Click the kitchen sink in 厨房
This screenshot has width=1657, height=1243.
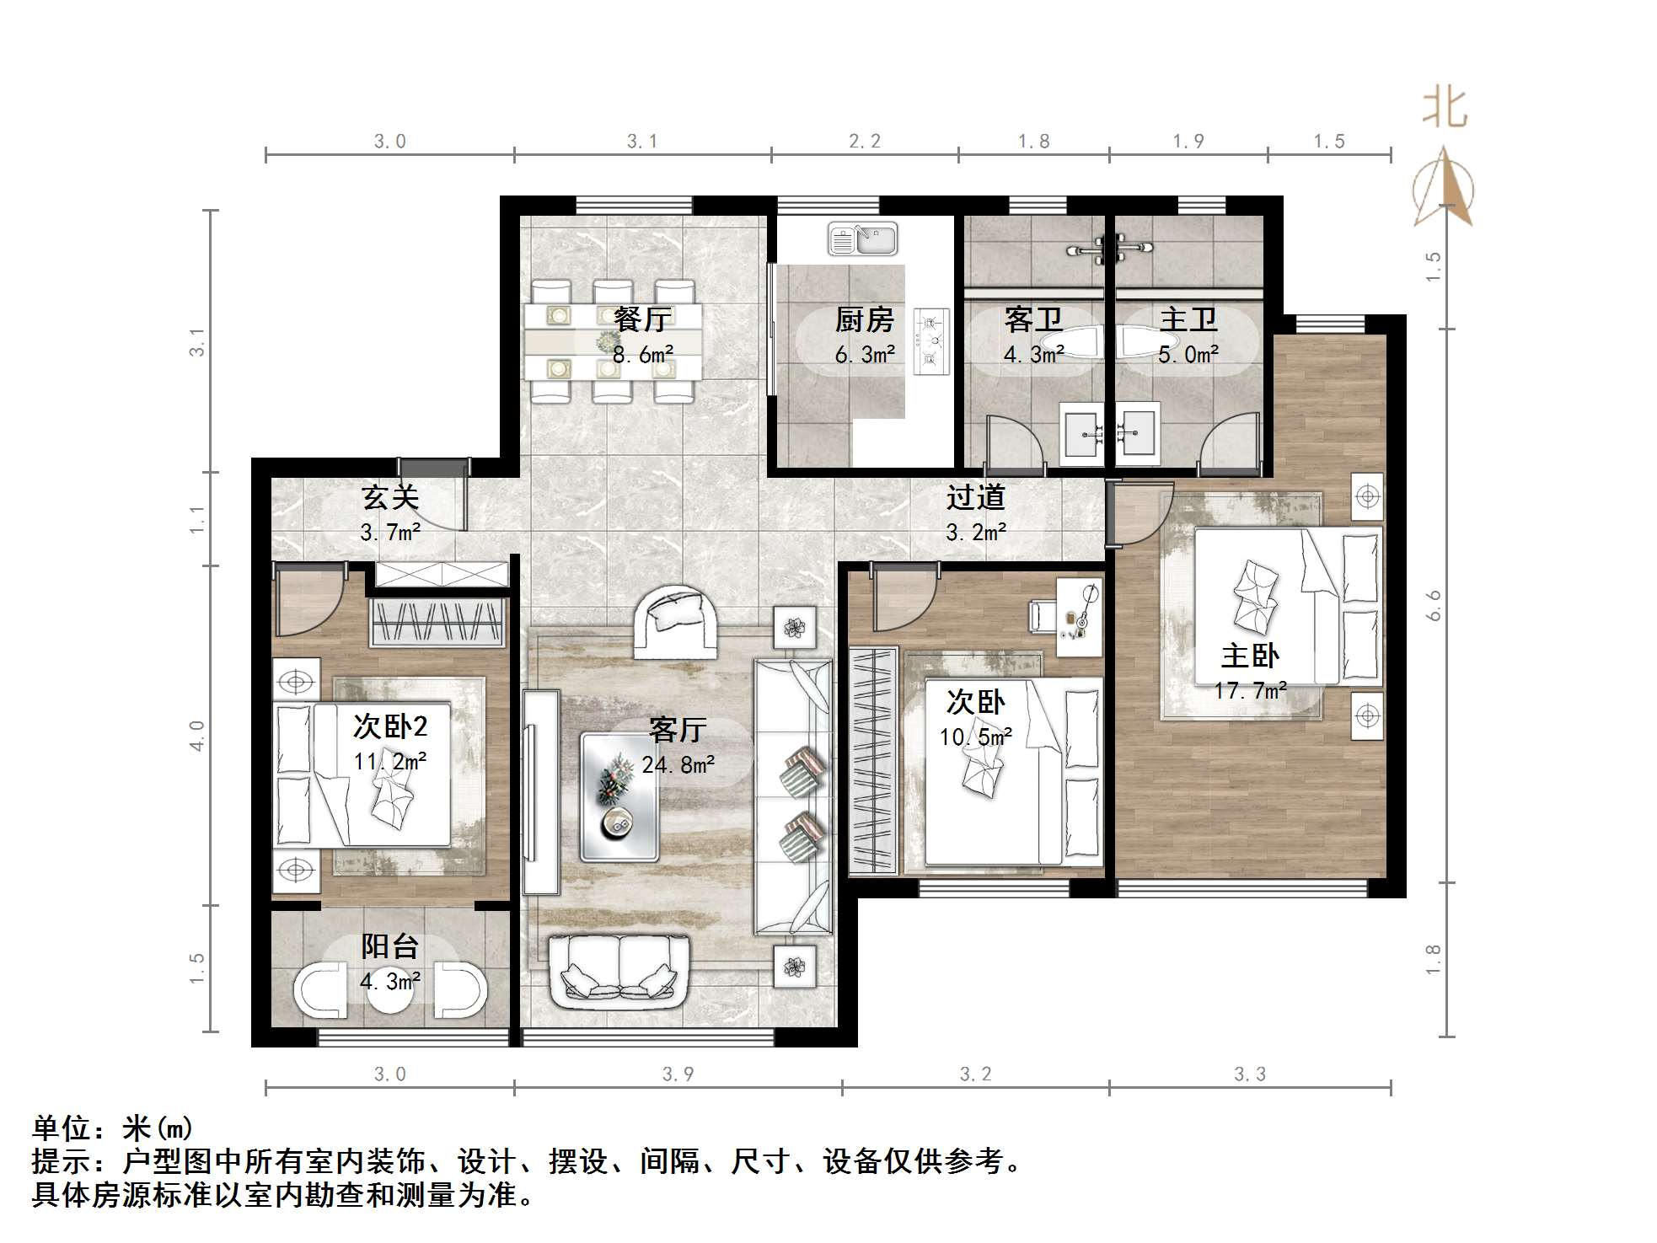point(861,238)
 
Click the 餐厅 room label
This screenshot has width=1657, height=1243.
point(642,319)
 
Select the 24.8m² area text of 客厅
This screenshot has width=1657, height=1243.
point(678,765)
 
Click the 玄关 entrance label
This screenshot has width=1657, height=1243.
point(390,497)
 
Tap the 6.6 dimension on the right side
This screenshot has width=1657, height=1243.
point(1434,605)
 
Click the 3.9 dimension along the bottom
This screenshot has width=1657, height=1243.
point(678,1074)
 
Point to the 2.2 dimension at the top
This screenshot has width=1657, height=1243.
point(865,142)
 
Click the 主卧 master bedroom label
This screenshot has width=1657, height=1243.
point(1250,656)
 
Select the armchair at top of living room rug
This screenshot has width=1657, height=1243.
point(678,622)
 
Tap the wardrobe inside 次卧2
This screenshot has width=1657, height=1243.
point(438,624)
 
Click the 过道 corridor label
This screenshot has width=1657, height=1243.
point(975,497)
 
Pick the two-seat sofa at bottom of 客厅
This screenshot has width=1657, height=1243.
point(619,972)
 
